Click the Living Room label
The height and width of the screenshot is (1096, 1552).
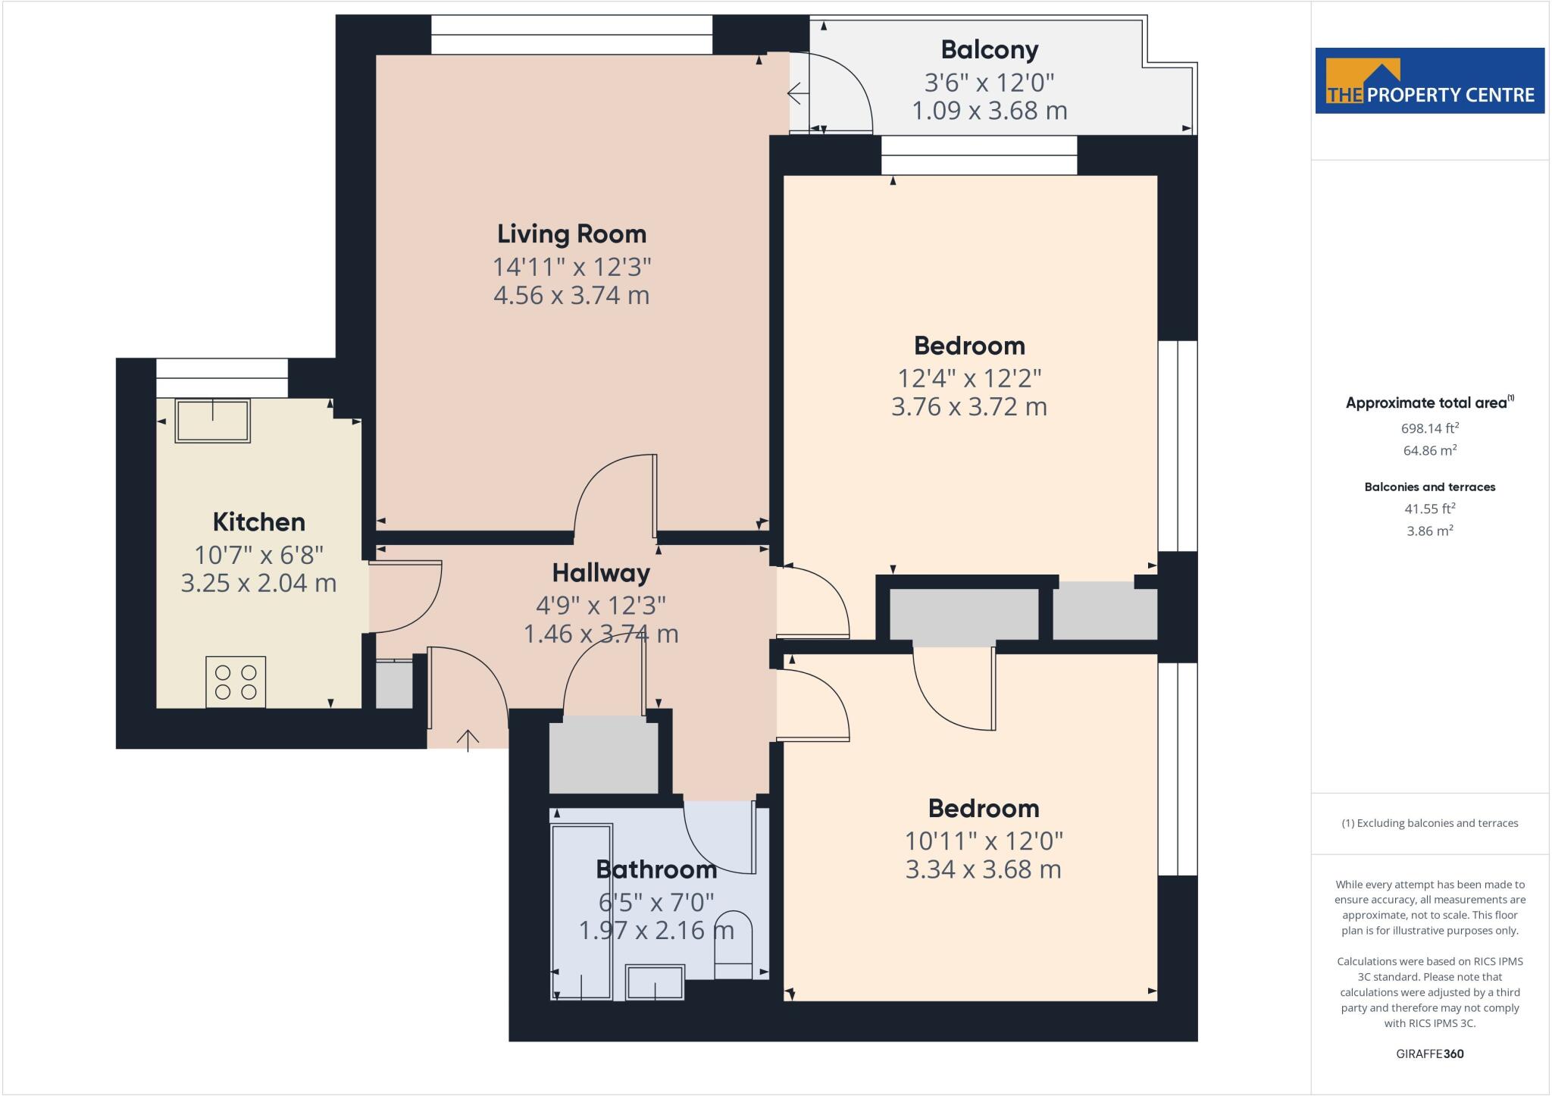(x=571, y=233)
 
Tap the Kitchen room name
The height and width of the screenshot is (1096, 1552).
(x=258, y=521)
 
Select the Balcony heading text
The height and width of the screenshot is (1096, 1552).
(x=989, y=49)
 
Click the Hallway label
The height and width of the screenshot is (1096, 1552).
(x=600, y=572)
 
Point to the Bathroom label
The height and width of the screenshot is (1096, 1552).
(x=656, y=869)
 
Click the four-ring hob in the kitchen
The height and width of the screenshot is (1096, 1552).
(x=236, y=681)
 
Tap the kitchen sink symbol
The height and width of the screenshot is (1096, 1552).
(x=212, y=421)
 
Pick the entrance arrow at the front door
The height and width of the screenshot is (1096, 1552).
(x=468, y=740)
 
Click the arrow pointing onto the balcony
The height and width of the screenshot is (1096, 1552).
(x=795, y=94)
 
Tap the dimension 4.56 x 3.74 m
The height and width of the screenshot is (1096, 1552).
(x=571, y=295)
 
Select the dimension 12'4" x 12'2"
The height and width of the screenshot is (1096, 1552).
(x=969, y=377)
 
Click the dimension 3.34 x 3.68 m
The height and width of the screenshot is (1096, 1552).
(x=983, y=869)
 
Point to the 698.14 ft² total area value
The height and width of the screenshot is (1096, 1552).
(x=1429, y=427)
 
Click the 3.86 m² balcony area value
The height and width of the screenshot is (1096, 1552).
(x=1429, y=531)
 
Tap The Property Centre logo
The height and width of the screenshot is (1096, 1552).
(x=1429, y=81)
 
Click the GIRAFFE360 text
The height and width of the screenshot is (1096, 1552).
(x=1429, y=1054)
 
